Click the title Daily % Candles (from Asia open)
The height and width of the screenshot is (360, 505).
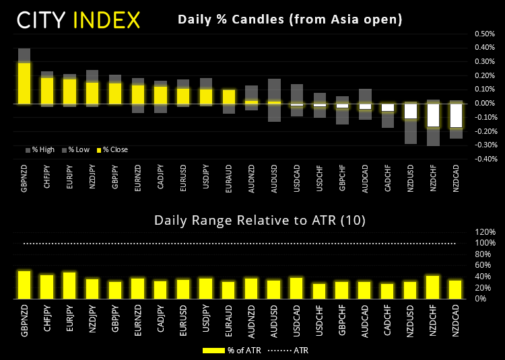290,20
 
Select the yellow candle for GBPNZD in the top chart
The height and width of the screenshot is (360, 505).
24,83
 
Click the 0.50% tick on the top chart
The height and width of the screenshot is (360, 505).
483,34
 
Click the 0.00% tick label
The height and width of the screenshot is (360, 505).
483,103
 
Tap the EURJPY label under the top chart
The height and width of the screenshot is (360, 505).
69,183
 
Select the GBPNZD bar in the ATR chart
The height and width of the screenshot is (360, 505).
24,285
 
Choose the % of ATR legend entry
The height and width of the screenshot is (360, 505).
232,350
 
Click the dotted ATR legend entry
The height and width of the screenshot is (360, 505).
293,350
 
